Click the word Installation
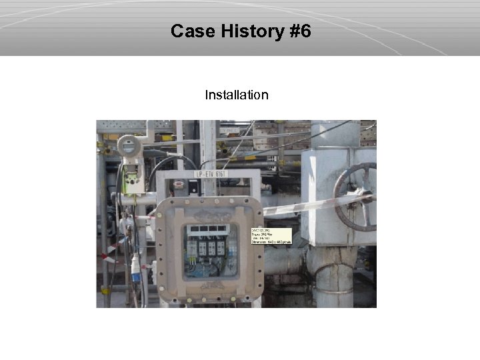click(x=237, y=95)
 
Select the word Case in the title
click(x=191, y=31)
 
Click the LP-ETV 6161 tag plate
click(x=211, y=174)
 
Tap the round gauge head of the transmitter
click(x=129, y=146)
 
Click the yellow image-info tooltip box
click(x=271, y=236)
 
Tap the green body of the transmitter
click(x=134, y=179)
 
